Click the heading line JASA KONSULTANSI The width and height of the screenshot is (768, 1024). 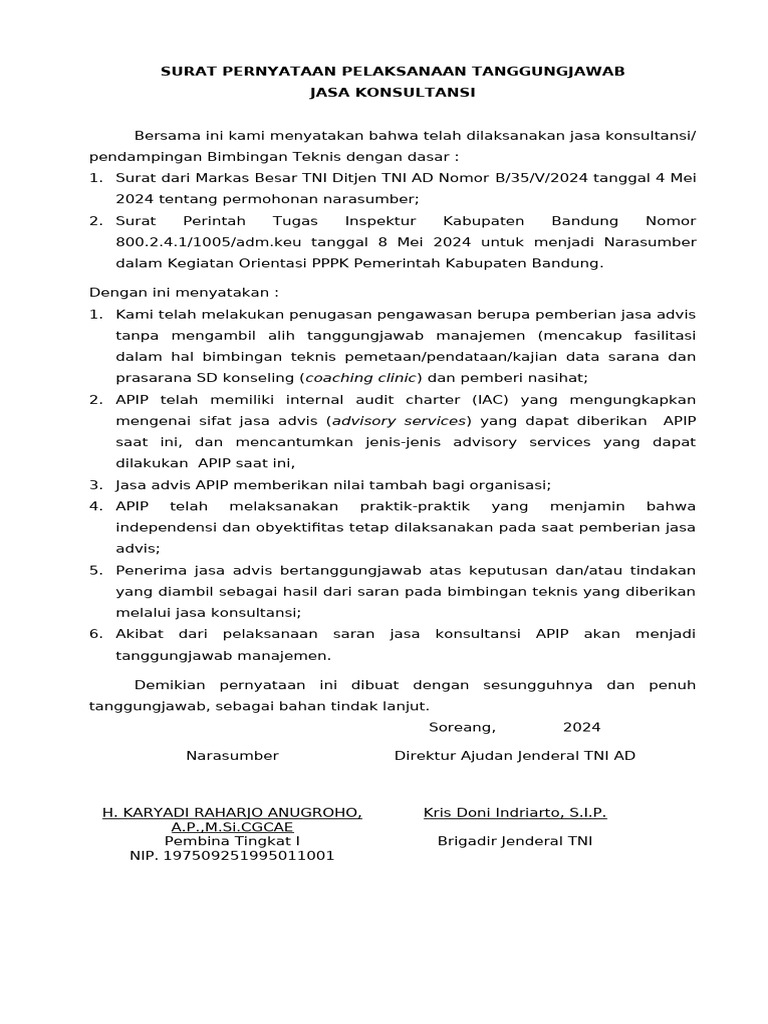coord(393,91)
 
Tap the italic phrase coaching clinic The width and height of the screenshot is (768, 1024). coord(362,377)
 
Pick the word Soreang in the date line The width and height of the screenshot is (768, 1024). coord(462,726)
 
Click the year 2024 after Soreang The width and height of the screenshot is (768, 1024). coord(582,726)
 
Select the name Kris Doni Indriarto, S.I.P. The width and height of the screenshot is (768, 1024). coord(515,812)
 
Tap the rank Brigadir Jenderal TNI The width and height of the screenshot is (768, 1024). coord(515,841)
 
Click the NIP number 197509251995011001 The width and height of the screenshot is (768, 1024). coord(232,855)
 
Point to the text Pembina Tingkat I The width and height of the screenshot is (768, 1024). coord(232,841)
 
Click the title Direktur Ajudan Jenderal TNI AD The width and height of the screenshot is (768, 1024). coord(515,755)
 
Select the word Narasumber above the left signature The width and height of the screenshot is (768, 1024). coord(232,755)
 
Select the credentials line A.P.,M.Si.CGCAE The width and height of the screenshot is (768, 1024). coord(232,827)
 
